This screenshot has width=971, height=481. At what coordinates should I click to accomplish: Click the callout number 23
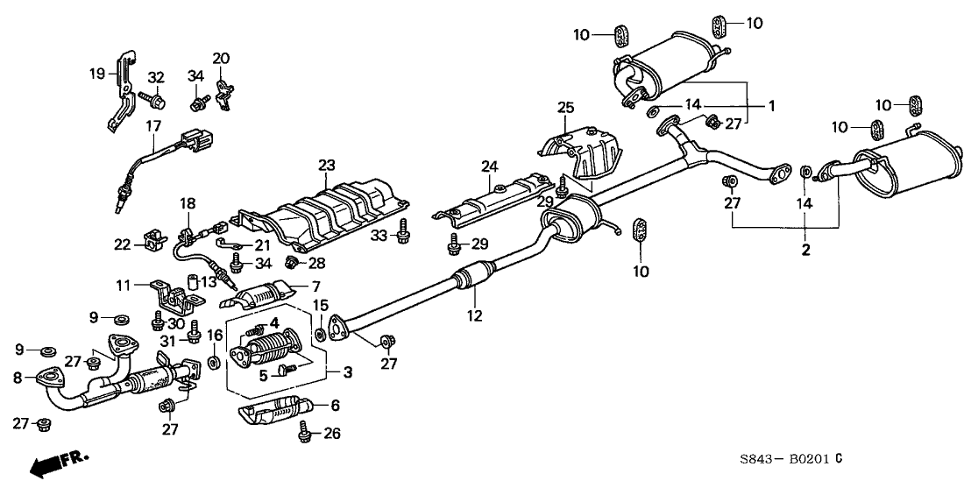[327, 164]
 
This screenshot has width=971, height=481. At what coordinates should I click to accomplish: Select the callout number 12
[474, 316]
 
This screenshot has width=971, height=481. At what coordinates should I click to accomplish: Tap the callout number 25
[565, 108]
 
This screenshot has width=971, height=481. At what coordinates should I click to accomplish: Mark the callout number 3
[348, 372]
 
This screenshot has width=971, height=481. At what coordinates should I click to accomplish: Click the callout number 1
[772, 106]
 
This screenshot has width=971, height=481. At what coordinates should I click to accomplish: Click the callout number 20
[221, 59]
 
